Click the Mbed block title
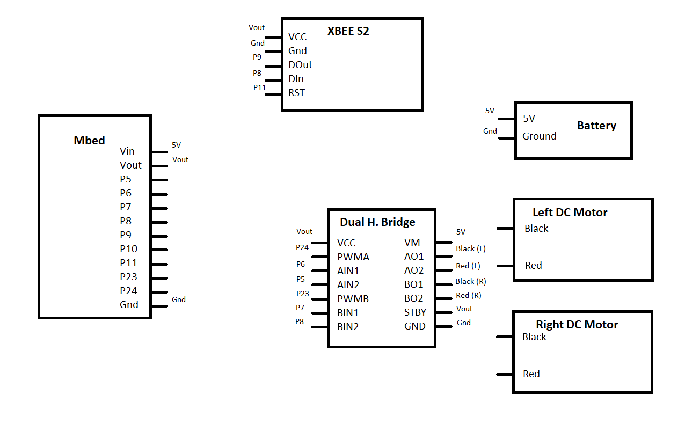[x=89, y=141]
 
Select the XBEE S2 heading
[x=348, y=31]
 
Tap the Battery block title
[x=596, y=126]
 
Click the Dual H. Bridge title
[x=377, y=222]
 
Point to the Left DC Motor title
[x=570, y=213]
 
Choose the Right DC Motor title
[x=577, y=325]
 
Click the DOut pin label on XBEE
[x=300, y=65]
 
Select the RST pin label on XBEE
[x=296, y=93]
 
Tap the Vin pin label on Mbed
[x=127, y=151]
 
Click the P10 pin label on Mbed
[x=128, y=249]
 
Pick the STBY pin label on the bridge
[x=415, y=312]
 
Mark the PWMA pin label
[x=353, y=257]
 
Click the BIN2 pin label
[x=348, y=326]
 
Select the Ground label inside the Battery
[x=539, y=136]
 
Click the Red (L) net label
[x=468, y=266]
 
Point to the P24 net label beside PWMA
[x=302, y=247]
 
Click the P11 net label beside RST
[x=260, y=87]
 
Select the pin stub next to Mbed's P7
[x=159, y=208]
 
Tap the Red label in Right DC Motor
[x=531, y=374]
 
